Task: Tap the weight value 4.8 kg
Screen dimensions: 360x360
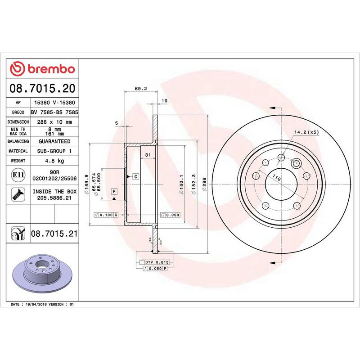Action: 54,161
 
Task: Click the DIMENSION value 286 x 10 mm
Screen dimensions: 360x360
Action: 54,122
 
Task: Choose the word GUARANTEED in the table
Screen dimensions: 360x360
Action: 54,141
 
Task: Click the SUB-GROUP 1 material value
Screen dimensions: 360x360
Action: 54,151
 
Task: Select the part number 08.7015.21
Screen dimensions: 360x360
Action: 54,234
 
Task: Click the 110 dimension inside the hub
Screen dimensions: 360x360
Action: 276,179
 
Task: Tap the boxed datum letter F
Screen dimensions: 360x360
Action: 114,191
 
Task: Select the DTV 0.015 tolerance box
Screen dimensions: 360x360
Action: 156,262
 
